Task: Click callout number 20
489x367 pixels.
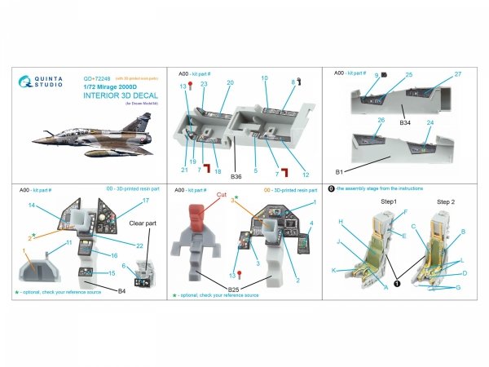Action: [230, 83]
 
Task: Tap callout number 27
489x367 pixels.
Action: [458, 75]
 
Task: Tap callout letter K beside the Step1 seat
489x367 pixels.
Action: [333, 270]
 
